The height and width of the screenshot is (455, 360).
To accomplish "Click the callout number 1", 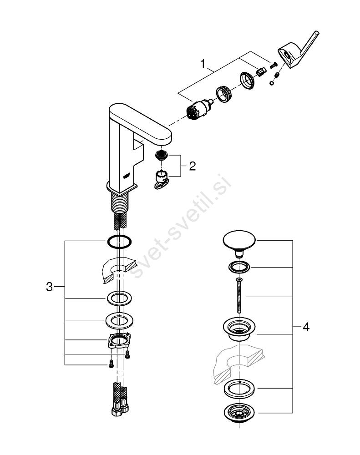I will click(203, 63).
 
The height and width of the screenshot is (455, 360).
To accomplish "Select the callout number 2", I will click(192, 166).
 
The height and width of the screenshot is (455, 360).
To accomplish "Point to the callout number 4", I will click(306, 327).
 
